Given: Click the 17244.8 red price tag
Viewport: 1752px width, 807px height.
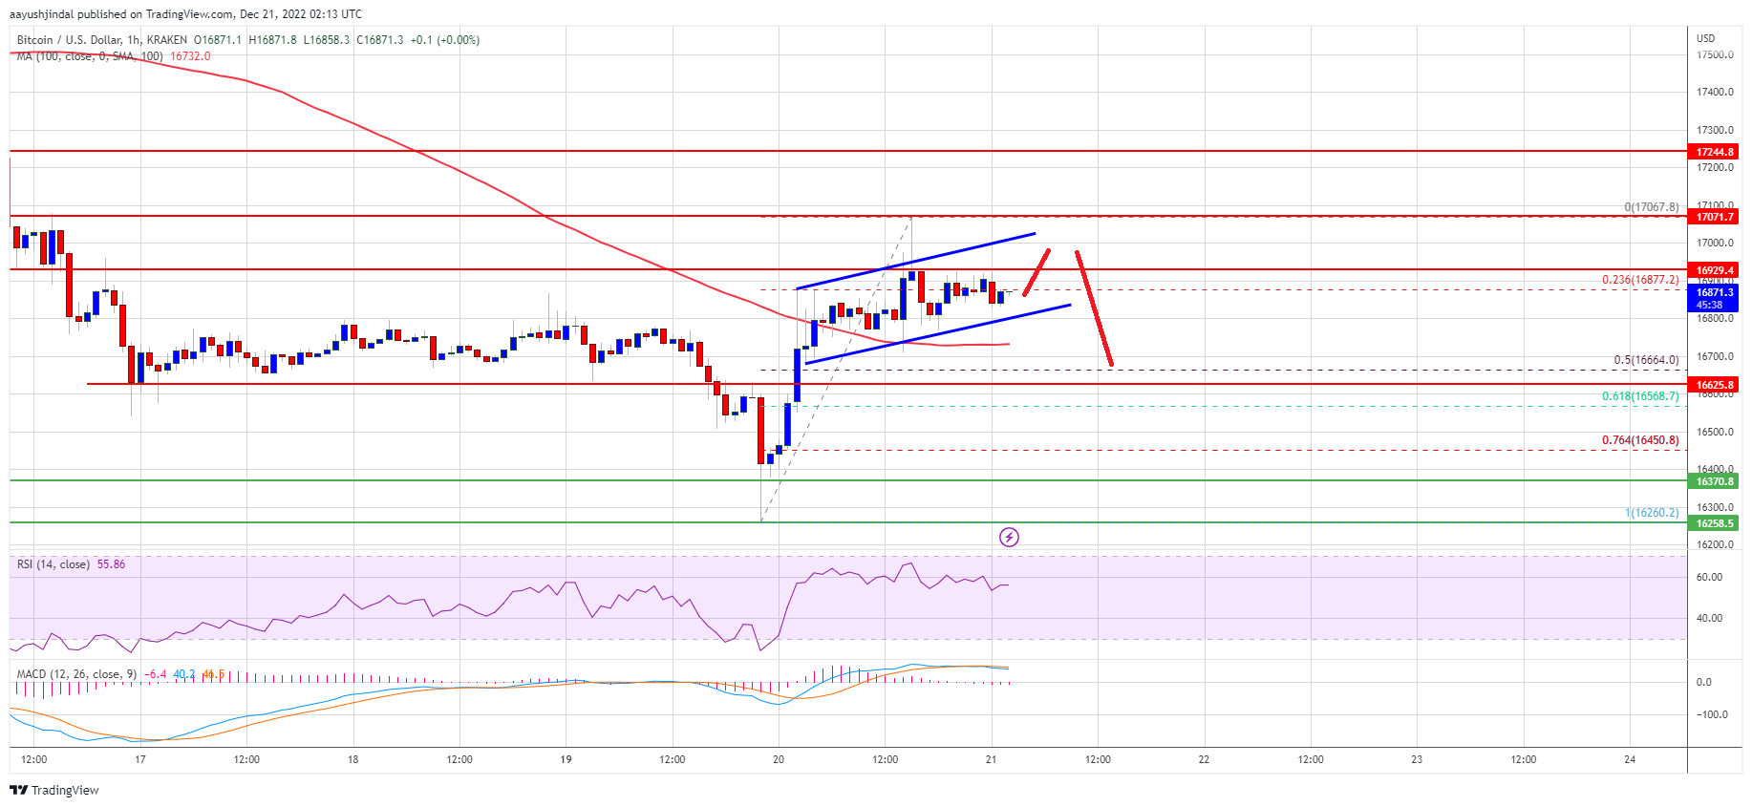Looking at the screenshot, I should pos(1714,152).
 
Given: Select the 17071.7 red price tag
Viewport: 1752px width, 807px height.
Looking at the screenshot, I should pos(1714,217).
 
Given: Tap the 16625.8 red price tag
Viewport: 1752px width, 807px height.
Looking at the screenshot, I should pos(1714,385).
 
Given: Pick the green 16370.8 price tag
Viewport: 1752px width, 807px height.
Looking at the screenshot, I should pos(1714,481).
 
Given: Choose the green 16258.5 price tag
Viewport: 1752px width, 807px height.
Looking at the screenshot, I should pos(1714,523).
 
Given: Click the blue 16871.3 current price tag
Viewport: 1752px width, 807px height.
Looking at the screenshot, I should pos(1714,293).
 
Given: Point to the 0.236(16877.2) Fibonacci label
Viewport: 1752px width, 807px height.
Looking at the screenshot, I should pos(1639,280).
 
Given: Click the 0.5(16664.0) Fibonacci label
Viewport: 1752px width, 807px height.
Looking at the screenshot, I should pos(1645,360).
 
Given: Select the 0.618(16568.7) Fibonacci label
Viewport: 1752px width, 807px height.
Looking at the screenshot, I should pos(1639,396).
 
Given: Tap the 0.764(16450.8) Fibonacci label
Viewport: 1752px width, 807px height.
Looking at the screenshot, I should pos(1639,440).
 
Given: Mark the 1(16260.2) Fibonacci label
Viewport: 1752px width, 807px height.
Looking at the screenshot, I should pos(1651,513).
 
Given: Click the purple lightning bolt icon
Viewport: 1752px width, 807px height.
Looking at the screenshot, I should pos(1009,538).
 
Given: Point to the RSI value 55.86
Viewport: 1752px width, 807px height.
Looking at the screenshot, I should pos(111,564).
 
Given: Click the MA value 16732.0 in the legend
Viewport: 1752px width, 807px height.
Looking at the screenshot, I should pos(190,56).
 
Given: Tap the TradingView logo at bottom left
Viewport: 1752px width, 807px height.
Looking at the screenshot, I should pos(54,790).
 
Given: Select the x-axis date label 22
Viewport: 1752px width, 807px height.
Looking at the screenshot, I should pos(1204,760).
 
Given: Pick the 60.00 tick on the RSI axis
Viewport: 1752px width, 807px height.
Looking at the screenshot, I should pos(1709,578).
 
